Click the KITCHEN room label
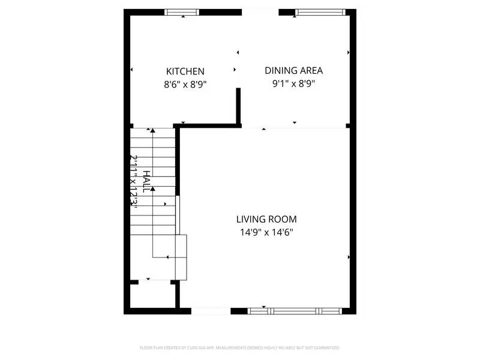click(x=185, y=71)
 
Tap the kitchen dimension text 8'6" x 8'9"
click(x=185, y=85)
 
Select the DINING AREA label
click(x=293, y=70)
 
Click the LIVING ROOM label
click(x=266, y=220)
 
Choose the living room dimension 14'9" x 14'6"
click(x=266, y=232)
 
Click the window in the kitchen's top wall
click(x=182, y=11)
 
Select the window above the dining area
click(x=320, y=11)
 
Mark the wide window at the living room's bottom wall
click(x=294, y=311)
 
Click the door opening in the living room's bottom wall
click(x=210, y=311)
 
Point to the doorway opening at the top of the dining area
click(x=260, y=11)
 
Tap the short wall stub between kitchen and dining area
click(x=238, y=106)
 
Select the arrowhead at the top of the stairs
click(x=153, y=130)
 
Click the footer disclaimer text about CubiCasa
click(x=239, y=347)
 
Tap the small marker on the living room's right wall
click(x=349, y=257)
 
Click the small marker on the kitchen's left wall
click(x=131, y=71)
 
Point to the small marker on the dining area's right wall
click(x=349, y=53)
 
